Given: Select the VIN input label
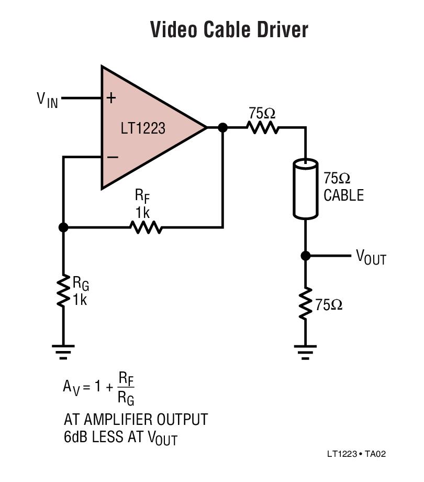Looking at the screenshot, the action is click(47, 100).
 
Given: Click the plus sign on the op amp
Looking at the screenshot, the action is click(111, 98).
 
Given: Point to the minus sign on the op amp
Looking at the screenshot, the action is click(113, 157).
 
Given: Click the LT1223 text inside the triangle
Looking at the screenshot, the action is click(143, 128).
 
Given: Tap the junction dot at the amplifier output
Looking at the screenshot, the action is click(222, 127).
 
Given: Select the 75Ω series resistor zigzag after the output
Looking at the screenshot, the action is click(262, 127).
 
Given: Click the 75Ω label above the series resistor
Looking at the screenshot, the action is click(262, 113).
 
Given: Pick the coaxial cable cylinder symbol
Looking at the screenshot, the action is click(305, 189).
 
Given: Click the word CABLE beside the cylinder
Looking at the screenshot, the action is click(343, 195).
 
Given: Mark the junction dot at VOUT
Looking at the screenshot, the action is click(306, 256).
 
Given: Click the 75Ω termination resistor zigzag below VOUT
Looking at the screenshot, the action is click(306, 303).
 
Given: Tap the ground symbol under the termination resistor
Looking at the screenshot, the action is click(305, 352).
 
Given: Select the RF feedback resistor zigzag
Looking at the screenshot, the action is click(146, 227).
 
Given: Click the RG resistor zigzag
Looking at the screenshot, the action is click(63, 291).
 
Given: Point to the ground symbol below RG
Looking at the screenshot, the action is click(63, 352).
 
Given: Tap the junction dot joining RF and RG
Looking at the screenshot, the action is click(63, 227).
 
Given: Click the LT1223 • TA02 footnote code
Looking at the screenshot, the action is click(356, 454).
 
